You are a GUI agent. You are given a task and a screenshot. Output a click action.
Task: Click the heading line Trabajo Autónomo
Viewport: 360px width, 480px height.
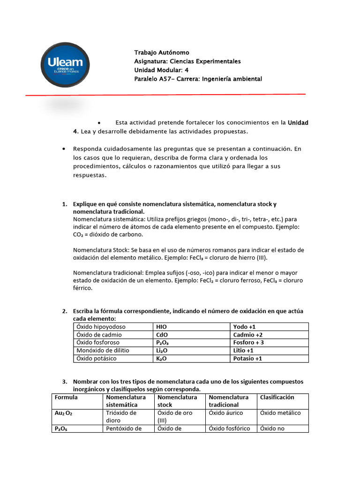coord(162,52)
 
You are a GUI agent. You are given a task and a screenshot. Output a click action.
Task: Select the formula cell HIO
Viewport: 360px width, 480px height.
coord(161,327)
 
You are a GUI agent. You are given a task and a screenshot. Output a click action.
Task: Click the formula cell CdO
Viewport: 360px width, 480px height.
coord(162,335)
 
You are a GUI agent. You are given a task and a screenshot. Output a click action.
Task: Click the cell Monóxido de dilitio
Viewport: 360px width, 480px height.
coord(103,351)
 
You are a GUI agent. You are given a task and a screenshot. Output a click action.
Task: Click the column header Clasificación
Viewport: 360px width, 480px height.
coord(277,397)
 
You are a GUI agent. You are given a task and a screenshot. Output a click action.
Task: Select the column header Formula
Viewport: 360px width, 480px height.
coord(66,397)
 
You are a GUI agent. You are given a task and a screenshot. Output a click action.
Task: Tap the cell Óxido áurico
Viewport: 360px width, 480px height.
coord(227,413)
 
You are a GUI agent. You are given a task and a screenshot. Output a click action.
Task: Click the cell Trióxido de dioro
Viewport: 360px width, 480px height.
coord(121,417)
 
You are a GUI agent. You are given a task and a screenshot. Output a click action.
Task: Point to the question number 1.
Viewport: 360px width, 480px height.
coord(65,204)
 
